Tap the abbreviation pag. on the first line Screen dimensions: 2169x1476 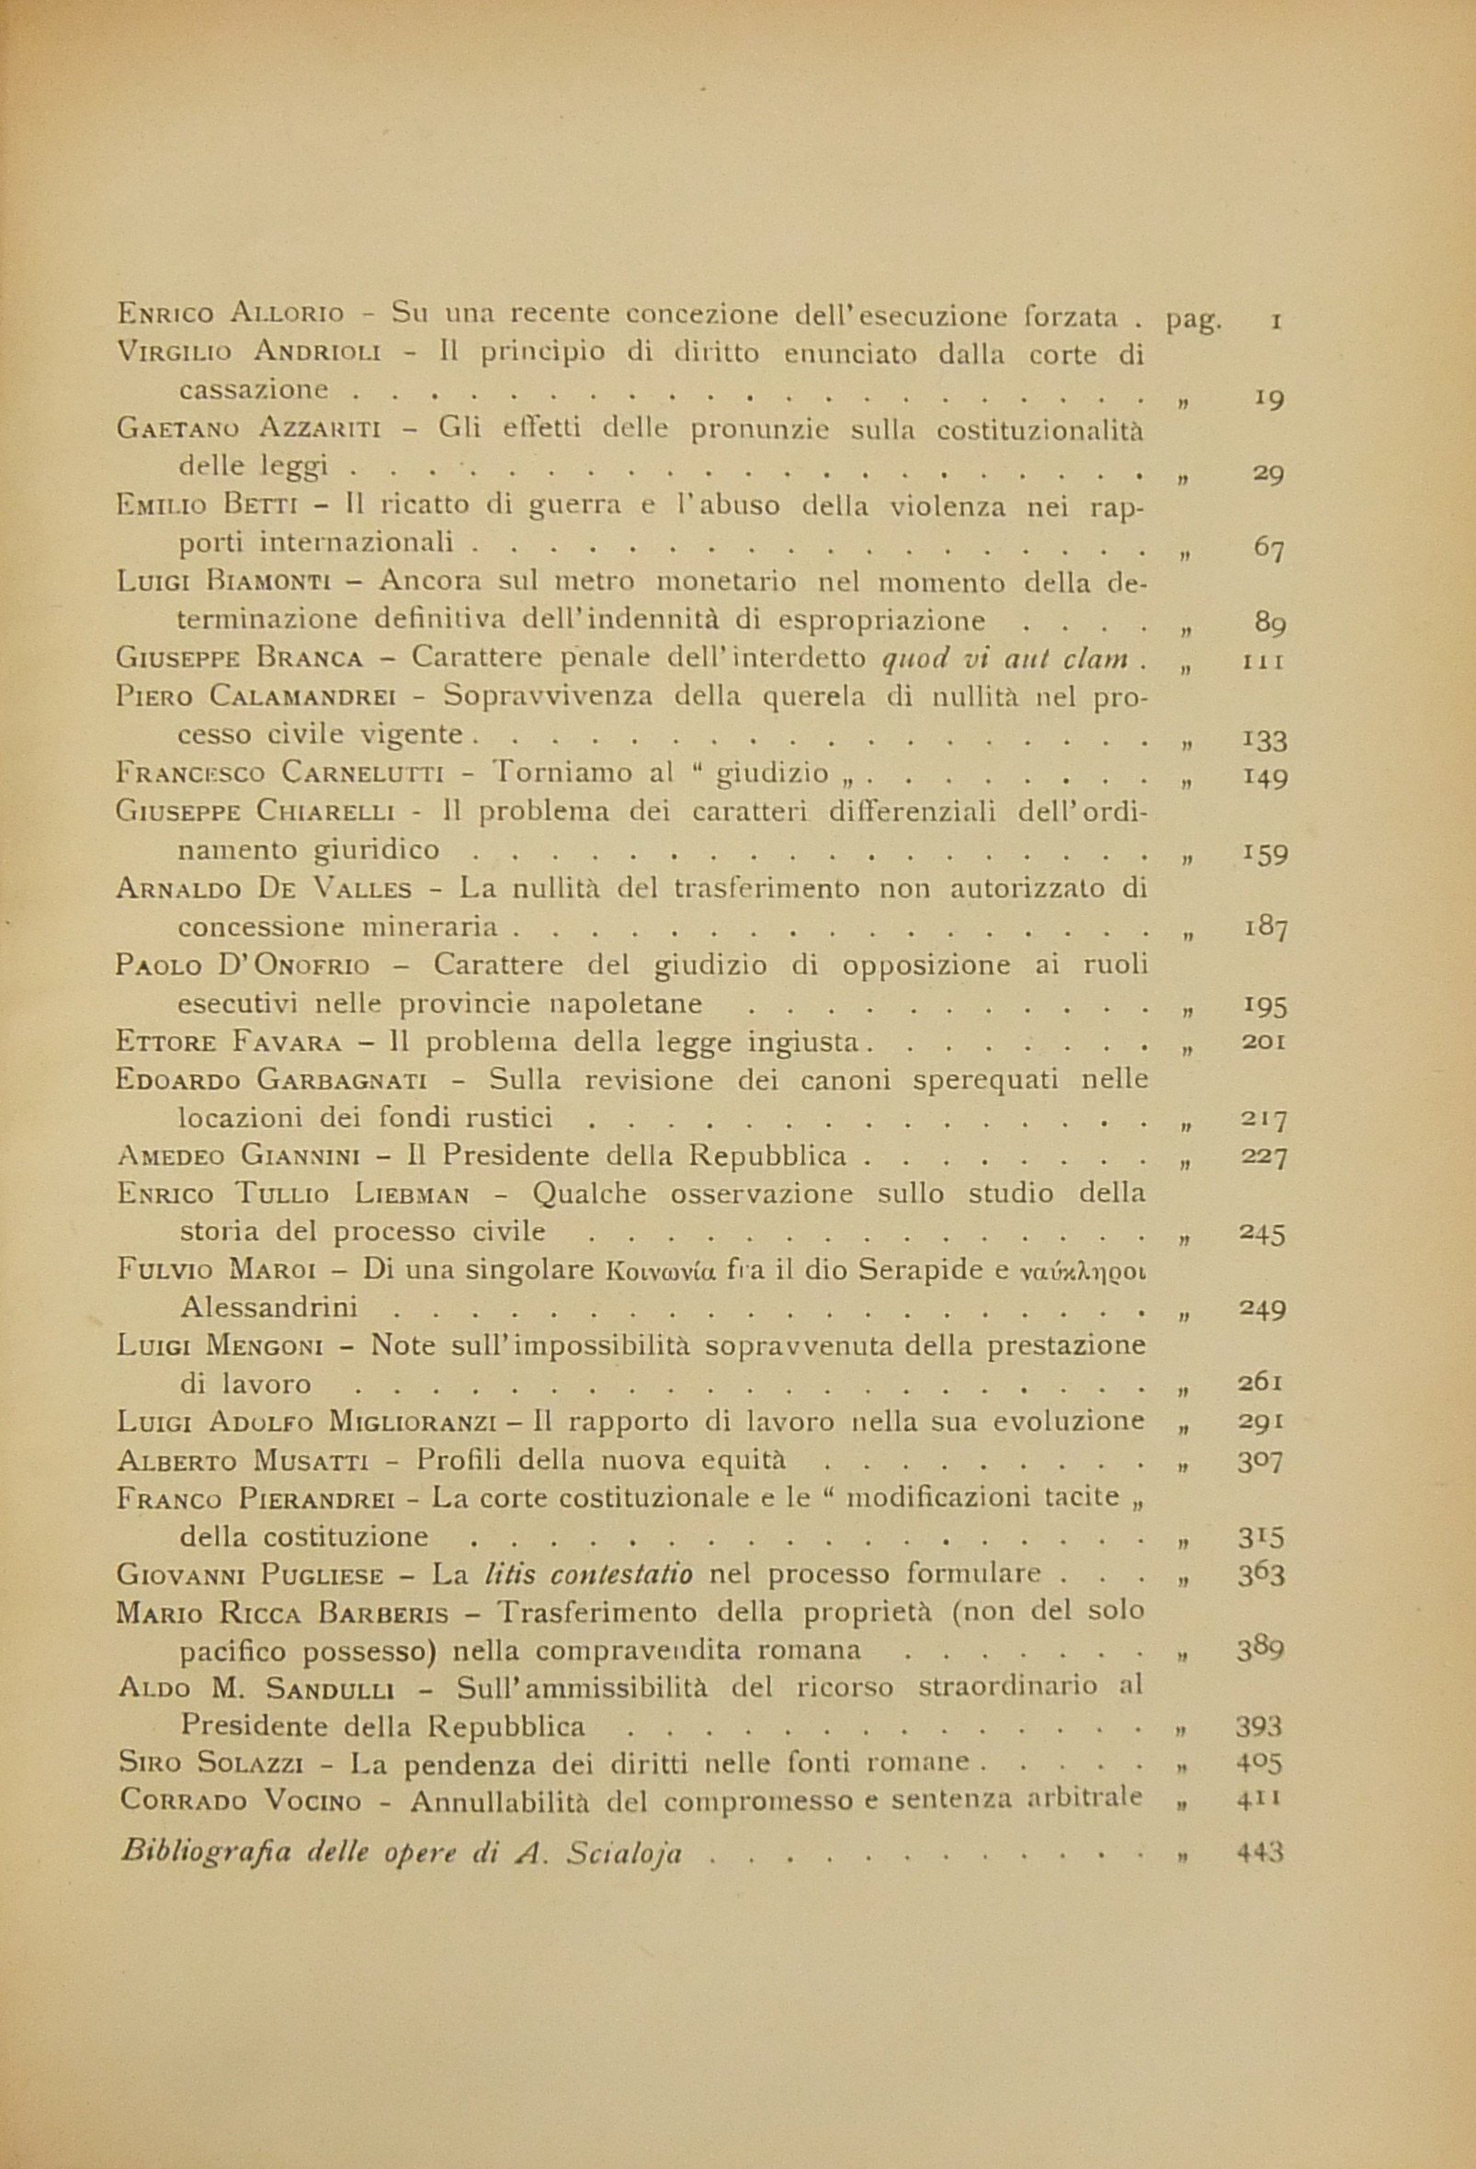1192,319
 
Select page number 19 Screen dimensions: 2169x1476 1268,397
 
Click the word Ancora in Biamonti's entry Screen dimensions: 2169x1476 430,581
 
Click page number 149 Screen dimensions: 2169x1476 1266,777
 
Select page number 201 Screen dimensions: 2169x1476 1266,1042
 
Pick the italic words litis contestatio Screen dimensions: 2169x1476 589,1575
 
